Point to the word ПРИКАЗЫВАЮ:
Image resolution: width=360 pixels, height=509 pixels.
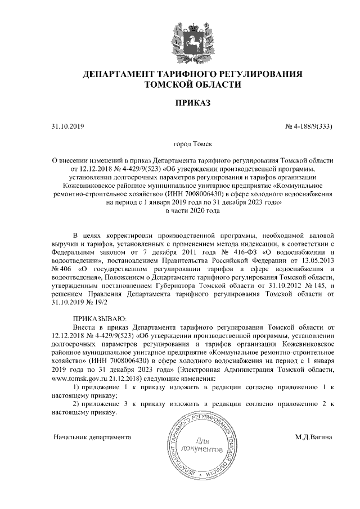(x=100, y=318)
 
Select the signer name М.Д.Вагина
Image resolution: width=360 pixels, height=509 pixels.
(x=313, y=436)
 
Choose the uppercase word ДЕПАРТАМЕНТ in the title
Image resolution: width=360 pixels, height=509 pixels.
(x=115, y=74)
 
